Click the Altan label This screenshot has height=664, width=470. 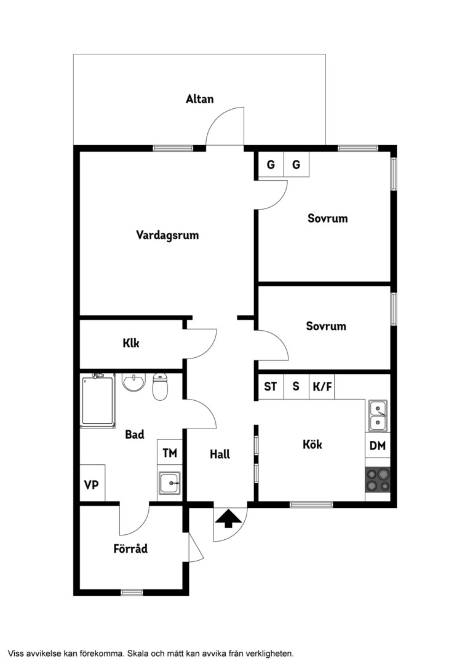[199, 99]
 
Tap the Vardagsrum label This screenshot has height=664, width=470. [167, 235]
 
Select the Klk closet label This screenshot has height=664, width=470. [131, 342]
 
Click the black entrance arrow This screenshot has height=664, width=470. [228, 518]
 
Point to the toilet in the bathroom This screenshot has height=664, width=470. [160, 387]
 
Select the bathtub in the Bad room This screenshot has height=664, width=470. [98, 400]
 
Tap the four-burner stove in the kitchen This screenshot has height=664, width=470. [378, 480]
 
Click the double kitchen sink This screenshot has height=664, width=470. [378, 416]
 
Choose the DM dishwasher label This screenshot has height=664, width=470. [378, 446]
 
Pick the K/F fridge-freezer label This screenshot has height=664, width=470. [322, 386]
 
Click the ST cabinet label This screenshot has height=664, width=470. [271, 386]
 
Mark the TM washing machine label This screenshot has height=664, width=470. [170, 453]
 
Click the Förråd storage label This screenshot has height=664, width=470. [130, 548]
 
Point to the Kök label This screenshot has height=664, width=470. [313, 445]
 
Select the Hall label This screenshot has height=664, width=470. [220, 454]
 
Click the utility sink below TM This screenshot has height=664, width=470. [170, 483]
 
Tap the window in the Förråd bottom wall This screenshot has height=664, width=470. [132, 593]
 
